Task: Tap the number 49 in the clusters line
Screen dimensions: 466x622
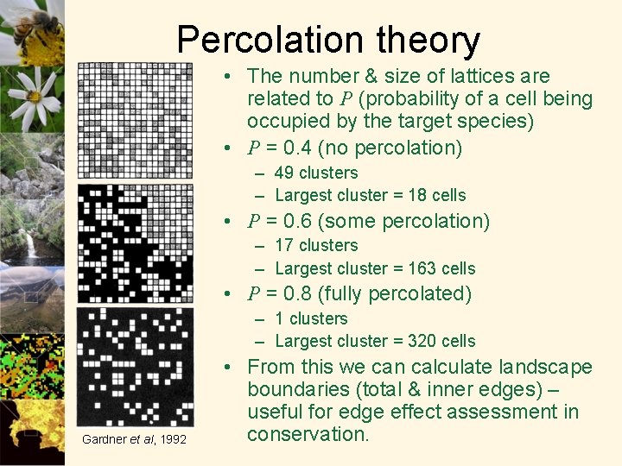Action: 284,173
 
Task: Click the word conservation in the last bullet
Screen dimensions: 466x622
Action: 308,434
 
